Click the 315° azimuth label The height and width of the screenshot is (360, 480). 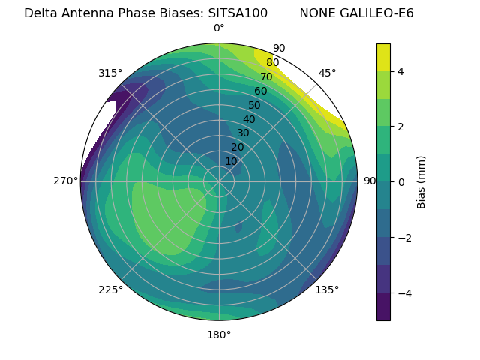click(110, 73)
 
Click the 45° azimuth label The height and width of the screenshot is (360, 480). click(328, 73)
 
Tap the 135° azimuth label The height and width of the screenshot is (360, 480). click(327, 290)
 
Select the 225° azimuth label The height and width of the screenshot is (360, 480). click(110, 290)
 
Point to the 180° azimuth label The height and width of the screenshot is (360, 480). click(219, 334)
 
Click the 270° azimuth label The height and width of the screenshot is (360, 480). click(66, 181)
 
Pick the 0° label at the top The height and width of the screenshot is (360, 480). click(219, 28)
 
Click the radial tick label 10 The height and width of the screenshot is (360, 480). click(231, 161)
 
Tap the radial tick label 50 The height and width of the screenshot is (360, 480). click(255, 106)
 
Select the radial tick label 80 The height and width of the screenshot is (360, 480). click(272, 63)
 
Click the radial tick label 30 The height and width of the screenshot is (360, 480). click(243, 133)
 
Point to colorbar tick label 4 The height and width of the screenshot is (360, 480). click(400, 71)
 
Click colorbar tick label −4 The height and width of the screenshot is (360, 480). click(403, 292)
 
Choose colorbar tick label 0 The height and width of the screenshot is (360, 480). click(400, 181)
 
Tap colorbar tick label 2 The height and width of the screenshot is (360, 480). click(400, 127)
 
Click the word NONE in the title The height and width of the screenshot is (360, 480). click(317, 13)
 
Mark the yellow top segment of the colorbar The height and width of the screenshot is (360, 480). click(383, 57)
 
